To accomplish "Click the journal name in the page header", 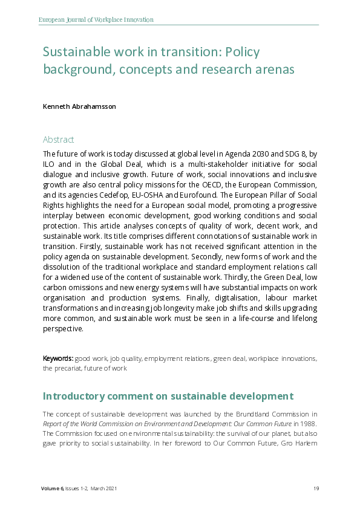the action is (x=96, y=20).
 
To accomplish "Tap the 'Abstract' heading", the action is (x=59, y=139).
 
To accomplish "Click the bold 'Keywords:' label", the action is (x=57, y=358).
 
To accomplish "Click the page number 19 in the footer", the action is (x=316, y=488).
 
